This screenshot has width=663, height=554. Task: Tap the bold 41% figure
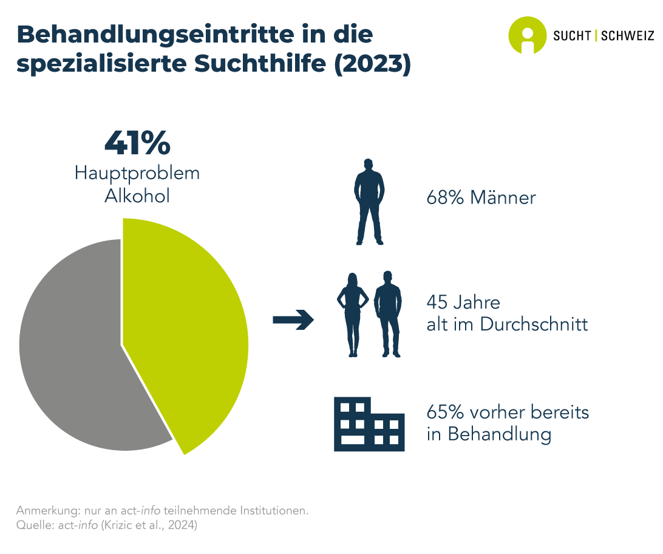(x=137, y=142)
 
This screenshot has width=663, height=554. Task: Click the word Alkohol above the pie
(x=137, y=196)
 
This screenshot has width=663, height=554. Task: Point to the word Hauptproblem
(x=137, y=173)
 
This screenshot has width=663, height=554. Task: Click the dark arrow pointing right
(x=293, y=320)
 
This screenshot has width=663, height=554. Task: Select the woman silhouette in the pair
(x=353, y=313)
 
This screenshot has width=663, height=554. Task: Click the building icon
(x=369, y=423)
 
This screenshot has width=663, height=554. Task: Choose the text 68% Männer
(x=481, y=198)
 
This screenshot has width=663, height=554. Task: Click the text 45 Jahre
(x=463, y=303)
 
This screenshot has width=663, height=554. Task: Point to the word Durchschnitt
(x=534, y=324)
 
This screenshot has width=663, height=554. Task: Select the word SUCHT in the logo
(x=573, y=35)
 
